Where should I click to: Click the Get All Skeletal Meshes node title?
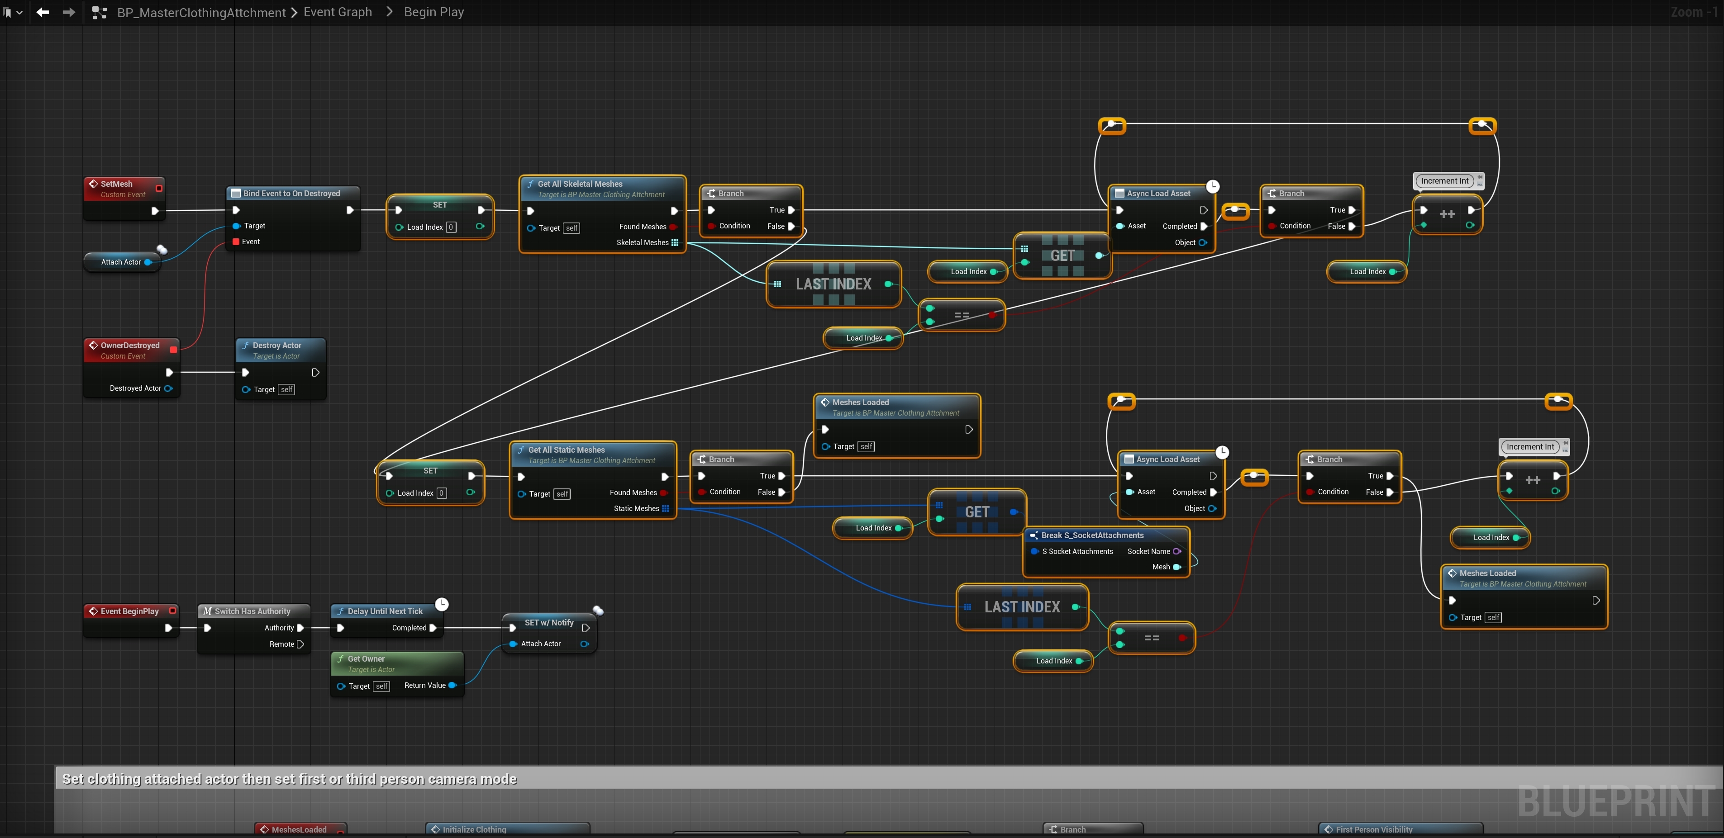point(580,184)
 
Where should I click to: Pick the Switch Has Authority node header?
point(252,611)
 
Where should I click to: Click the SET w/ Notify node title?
point(549,623)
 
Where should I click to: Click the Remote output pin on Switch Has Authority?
point(300,644)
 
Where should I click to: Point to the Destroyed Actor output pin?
point(169,388)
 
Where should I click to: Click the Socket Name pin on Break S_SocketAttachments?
point(1176,552)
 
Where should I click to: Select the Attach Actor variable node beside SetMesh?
point(121,262)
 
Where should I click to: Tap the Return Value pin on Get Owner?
point(452,686)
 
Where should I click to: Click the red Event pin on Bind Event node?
point(236,242)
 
